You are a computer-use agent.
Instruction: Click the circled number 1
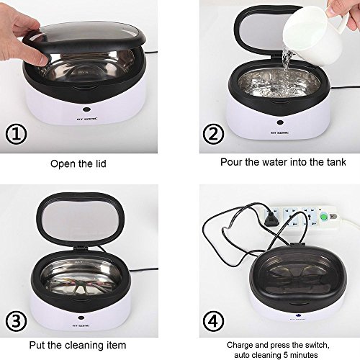coord(16,134)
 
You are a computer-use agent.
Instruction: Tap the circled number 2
coord(213,134)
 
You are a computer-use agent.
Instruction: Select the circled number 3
coord(16,321)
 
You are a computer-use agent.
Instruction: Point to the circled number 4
coord(213,321)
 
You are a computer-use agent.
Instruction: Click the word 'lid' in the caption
coord(99,163)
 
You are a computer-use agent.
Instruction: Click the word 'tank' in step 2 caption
coord(336,162)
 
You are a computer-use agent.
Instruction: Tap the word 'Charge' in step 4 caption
coord(240,345)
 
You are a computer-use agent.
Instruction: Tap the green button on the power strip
coord(324,217)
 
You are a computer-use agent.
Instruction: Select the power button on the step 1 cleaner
coord(86,109)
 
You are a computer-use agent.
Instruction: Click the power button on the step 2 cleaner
coord(280,122)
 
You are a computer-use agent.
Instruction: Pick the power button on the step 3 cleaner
coord(81,318)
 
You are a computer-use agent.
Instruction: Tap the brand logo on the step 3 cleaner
coord(81,326)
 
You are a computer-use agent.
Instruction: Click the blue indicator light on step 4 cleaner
coord(297,315)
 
